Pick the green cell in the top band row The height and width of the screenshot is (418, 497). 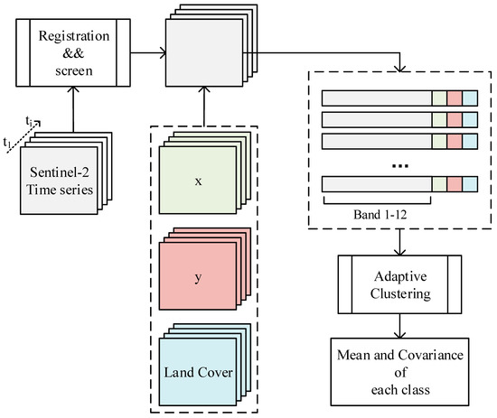440,97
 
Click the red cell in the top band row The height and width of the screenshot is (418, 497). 455,97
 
